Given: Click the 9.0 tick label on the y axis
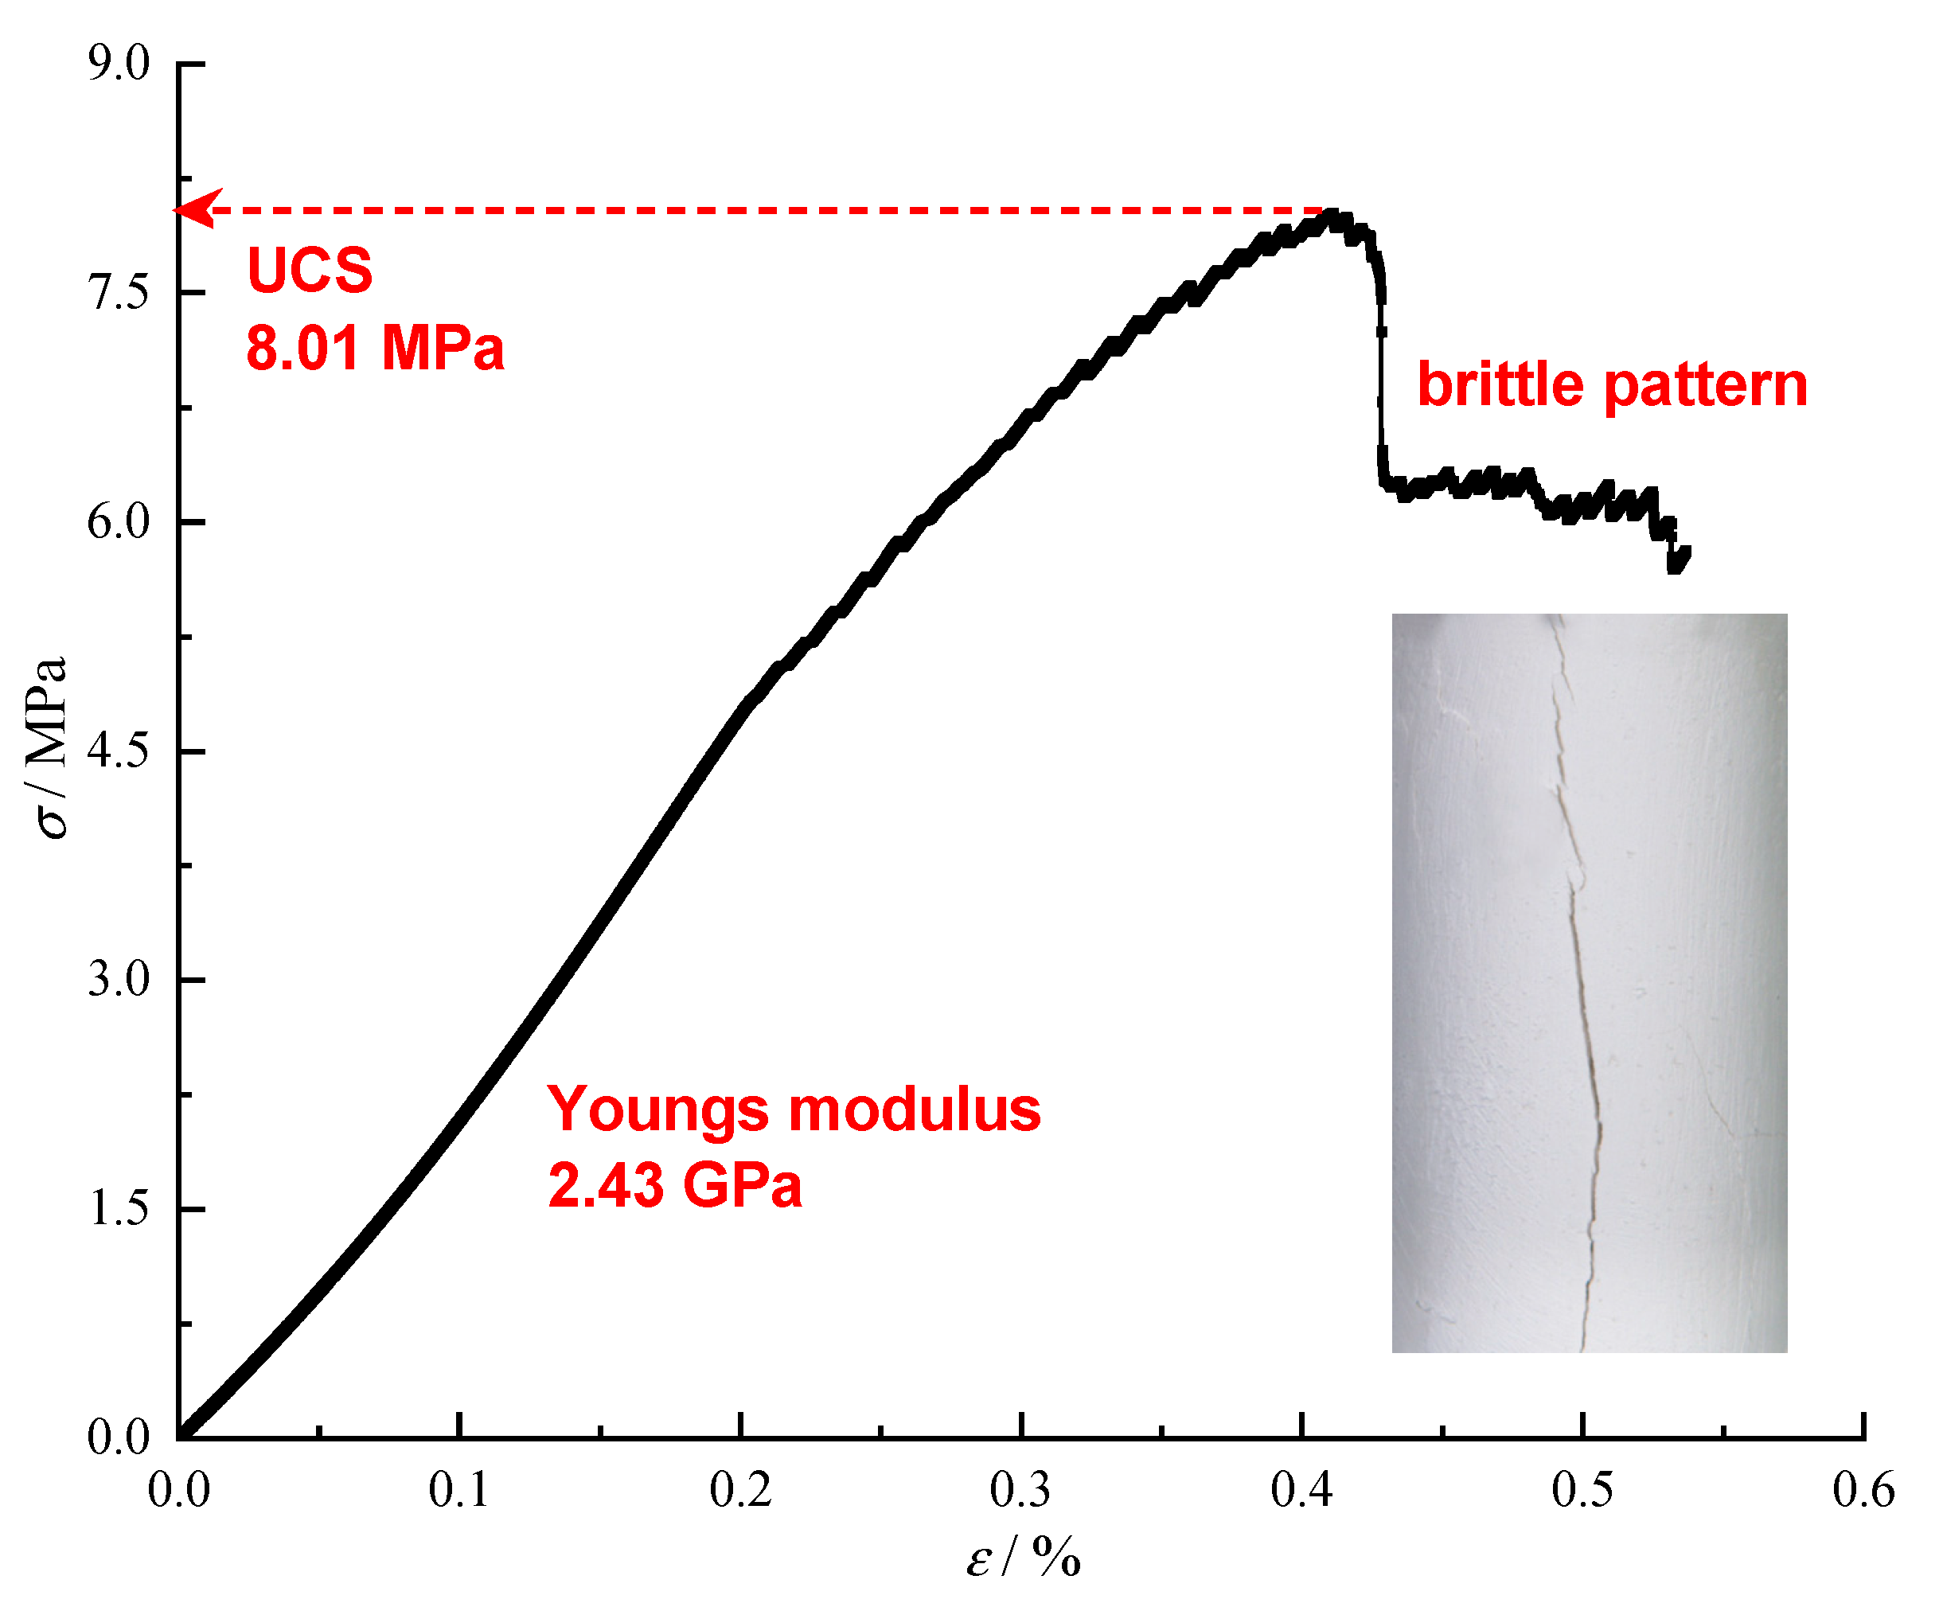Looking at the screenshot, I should [119, 64].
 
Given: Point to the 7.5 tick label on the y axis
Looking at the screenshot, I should [119, 294].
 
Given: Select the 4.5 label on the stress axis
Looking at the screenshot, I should [119, 751].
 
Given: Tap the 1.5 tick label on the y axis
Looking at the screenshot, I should [119, 1209].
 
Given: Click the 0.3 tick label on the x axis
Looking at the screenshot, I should [1020, 1489].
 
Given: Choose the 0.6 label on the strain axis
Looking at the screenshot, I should [1863, 1489].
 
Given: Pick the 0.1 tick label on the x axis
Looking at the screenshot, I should [459, 1489].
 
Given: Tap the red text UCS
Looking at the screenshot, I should [310, 271].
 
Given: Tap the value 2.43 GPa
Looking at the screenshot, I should [674, 1186].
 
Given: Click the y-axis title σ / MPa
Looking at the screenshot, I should [48, 748].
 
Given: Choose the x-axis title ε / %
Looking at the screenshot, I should [1023, 1558].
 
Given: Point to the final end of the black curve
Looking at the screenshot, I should [1686, 552].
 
